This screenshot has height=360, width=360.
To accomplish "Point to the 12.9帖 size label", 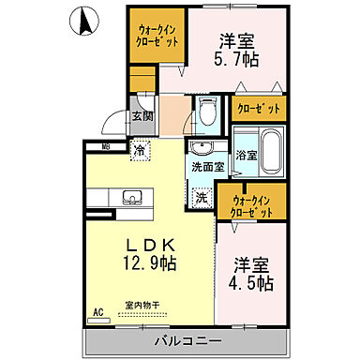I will click(x=145, y=263).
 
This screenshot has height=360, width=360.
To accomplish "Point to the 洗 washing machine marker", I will click(x=202, y=198).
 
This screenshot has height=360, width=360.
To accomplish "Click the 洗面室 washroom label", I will click(x=207, y=167).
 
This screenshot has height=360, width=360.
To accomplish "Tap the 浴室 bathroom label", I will click(x=247, y=155).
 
